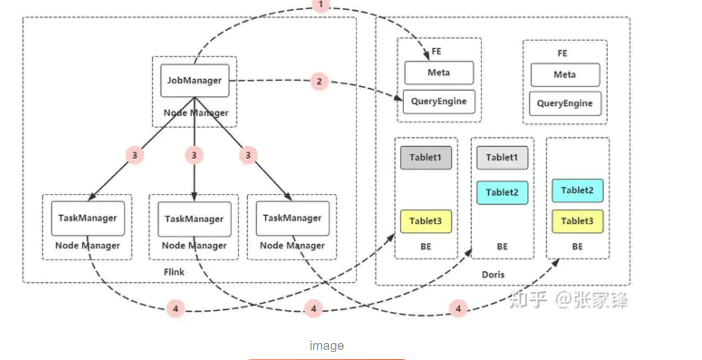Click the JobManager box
tap(195, 80)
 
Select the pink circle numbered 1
tap(321, 5)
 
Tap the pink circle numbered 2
tap(320, 81)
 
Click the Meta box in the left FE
tap(439, 72)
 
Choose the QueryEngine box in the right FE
tap(565, 103)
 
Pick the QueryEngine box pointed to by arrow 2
tap(439, 101)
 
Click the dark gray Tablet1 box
tap(426, 158)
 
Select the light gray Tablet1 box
tap(502, 158)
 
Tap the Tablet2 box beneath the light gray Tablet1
tap(502, 193)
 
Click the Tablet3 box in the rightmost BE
tap(578, 221)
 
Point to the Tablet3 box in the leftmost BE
tap(426, 221)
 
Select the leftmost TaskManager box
tap(88, 218)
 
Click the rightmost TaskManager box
tap(292, 218)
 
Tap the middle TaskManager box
tap(194, 219)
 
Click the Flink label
tap(174, 272)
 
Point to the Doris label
tap(492, 274)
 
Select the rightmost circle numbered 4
tap(458, 309)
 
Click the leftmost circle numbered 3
tap(135, 155)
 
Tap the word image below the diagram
tap(327, 346)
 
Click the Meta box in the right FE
tap(565, 75)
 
